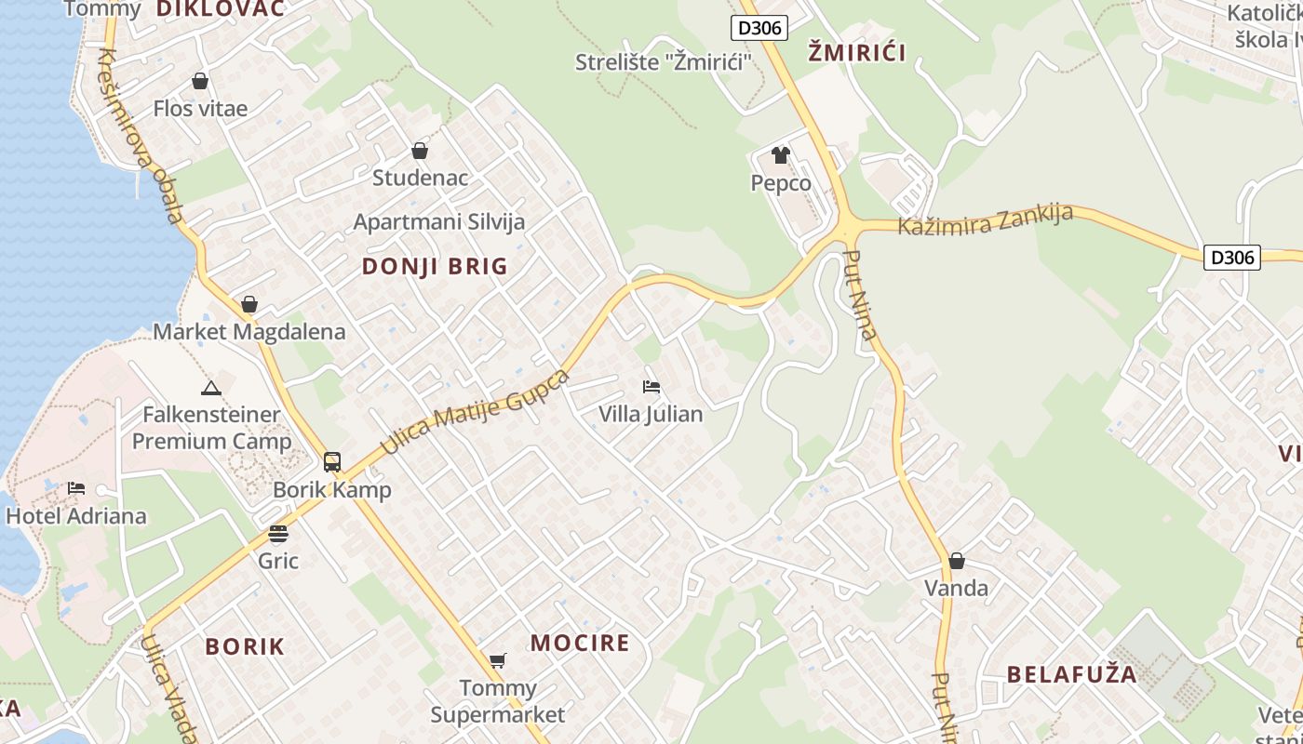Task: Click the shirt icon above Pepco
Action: (780, 154)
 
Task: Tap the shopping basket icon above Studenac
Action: (420, 151)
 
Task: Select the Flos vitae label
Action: (200, 109)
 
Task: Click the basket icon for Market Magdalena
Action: (249, 304)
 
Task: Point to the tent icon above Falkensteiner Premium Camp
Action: (211, 388)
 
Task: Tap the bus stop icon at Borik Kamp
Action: (332, 461)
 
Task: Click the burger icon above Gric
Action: (278, 533)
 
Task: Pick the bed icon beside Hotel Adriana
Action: (76, 488)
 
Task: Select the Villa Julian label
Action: (651, 414)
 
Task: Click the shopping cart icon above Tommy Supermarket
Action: (498, 660)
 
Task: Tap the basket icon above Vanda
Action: (956, 561)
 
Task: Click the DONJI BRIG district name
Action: (435, 267)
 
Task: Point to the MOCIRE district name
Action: (580, 643)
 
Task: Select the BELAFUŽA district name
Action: (1071, 674)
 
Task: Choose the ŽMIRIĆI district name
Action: (856, 52)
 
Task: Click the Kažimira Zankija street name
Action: (985, 219)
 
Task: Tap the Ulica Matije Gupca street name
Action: (476, 412)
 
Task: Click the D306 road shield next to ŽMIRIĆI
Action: (759, 28)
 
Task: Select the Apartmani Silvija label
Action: (439, 222)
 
